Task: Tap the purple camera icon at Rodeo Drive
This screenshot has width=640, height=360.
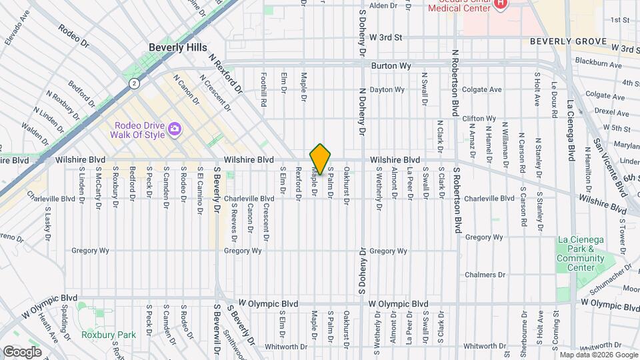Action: [x=175, y=128]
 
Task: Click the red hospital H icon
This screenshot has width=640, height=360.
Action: [x=501, y=5]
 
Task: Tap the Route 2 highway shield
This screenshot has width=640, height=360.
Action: [x=135, y=83]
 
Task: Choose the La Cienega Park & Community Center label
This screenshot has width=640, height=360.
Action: [x=576, y=254]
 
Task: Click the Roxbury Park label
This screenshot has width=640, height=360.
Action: [x=109, y=335]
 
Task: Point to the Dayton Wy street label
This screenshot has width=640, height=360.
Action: [x=387, y=89]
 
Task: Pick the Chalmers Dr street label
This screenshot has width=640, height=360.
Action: [x=485, y=275]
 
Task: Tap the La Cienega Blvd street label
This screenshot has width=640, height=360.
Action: [x=571, y=130]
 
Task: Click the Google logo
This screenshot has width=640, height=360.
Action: [x=22, y=351]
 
